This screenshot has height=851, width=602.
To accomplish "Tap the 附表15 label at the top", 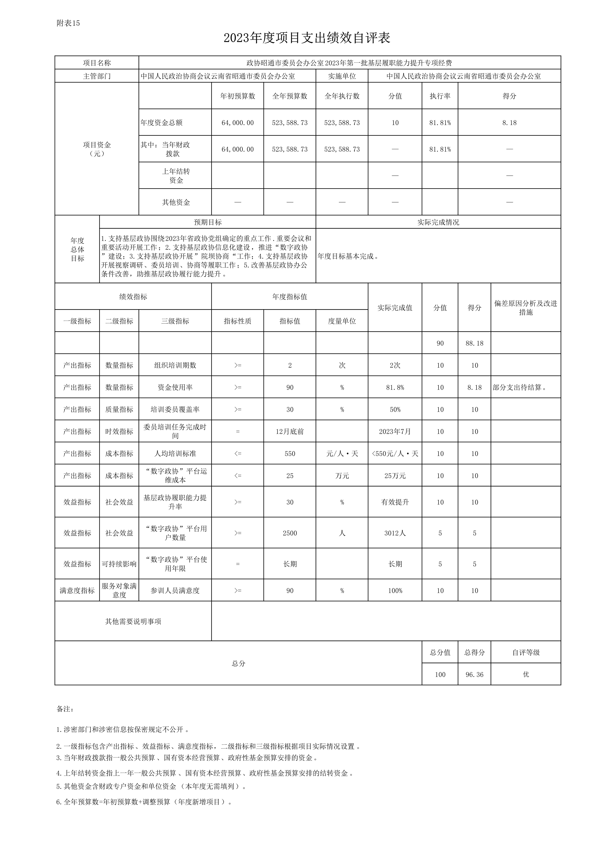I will click(x=68, y=23).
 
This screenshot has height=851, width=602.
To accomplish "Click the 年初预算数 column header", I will click(x=238, y=96).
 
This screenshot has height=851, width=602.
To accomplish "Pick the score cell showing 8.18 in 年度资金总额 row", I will click(x=509, y=123).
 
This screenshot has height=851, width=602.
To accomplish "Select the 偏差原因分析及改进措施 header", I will click(x=526, y=308).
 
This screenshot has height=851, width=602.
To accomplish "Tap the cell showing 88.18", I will click(x=474, y=343).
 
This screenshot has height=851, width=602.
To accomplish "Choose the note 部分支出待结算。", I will click(x=520, y=387).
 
